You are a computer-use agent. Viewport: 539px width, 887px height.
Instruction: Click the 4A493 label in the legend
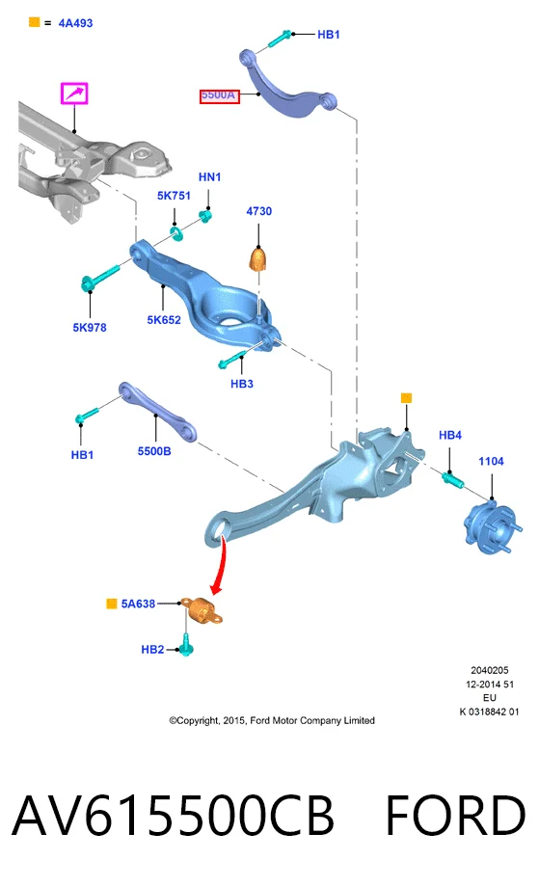[75, 23]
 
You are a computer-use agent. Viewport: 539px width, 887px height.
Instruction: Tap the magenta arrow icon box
[74, 94]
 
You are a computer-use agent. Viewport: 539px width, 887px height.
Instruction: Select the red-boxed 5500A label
[220, 96]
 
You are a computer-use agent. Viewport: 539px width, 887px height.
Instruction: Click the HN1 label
[209, 177]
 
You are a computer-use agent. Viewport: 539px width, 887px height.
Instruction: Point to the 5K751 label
[174, 196]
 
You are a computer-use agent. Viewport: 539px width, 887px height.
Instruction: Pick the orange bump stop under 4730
[257, 258]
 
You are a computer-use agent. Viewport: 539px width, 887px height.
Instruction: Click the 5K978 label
[90, 328]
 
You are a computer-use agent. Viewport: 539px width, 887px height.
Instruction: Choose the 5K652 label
[164, 320]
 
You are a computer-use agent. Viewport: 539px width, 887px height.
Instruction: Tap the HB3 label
[241, 384]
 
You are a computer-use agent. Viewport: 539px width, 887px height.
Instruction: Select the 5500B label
[154, 451]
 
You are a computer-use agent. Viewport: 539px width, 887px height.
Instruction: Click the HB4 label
[450, 435]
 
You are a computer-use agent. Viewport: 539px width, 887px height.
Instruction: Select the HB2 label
[152, 650]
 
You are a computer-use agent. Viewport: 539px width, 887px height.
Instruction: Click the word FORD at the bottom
[456, 816]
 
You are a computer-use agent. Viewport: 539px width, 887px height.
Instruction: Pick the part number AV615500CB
[173, 816]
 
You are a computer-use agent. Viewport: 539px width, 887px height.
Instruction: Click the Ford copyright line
[272, 721]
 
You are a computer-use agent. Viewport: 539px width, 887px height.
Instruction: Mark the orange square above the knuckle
[406, 398]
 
